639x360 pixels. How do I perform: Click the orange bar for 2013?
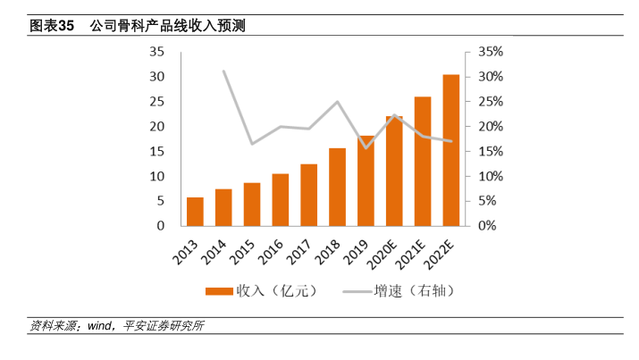[195, 212]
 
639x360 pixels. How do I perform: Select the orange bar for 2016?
[281, 200]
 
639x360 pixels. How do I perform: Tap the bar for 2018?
[337, 187]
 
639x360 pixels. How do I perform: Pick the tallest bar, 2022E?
[451, 150]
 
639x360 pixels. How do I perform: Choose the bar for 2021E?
[423, 161]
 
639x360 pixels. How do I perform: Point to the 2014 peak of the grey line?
[223, 71]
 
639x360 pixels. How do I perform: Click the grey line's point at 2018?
[337, 101]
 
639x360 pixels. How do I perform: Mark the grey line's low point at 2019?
[366, 147]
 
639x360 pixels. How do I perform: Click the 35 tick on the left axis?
[156, 52]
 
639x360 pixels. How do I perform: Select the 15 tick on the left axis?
[156, 152]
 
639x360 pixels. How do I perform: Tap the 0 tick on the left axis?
[160, 226]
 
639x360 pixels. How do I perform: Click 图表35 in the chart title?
[51, 27]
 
